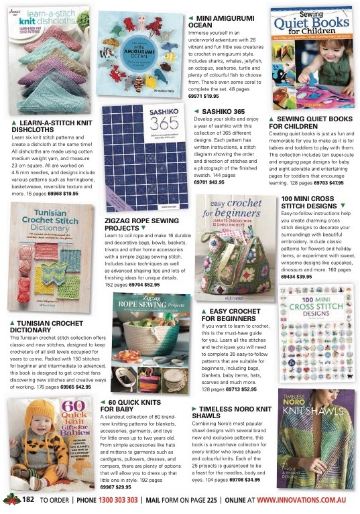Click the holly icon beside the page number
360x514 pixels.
[x=11, y=500]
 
